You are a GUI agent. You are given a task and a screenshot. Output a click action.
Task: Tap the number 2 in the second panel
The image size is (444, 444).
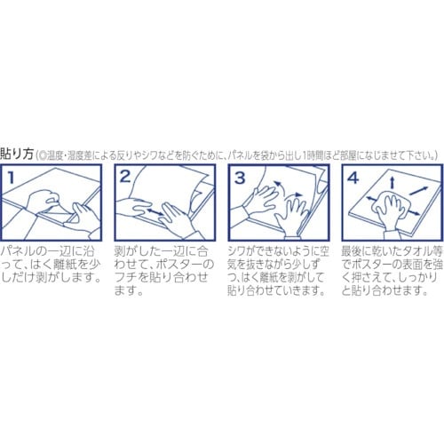(125, 177)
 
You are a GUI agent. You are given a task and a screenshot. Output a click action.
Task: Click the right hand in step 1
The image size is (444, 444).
(84, 218)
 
